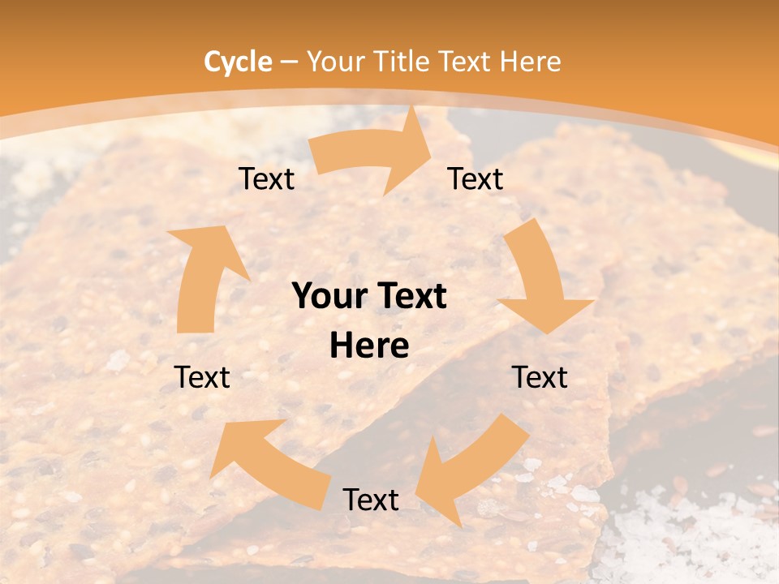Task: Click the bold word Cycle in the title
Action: click(238, 62)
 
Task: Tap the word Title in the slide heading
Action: click(404, 62)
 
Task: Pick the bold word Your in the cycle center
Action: click(329, 297)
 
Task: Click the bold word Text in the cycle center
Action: click(411, 297)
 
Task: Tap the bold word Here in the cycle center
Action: click(369, 346)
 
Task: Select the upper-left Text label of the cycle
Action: click(266, 179)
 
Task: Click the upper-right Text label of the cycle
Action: click(476, 179)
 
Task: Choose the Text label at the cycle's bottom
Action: click(371, 500)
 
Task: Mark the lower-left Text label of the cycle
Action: click(202, 377)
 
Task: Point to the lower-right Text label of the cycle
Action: click(540, 377)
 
